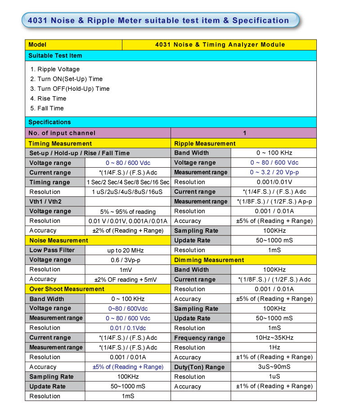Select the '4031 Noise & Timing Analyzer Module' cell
pyautogui.click(x=220, y=45)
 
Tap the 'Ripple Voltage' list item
pyautogui.click(x=58, y=69)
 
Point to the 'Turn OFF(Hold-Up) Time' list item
pyautogui.click(x=73, y=89)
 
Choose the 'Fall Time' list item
pyautogui.click(x=50, y=108)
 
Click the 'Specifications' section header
pyautogui.click(x=49, y=122)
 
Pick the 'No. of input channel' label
pyautogui.click(x=62, y=133)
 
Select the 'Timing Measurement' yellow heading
pyautogui.click(x=60, y=143)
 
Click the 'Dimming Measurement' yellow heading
pyautogui.click(x=209, y=260)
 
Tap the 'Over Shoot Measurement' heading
pyautogui.click(x=67, y=289)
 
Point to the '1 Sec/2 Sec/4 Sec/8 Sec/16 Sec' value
pyautogui.click(x=128, y=182)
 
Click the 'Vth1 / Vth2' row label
pyautogui.click(x=45, y=201)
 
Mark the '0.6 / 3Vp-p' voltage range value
pyautogui.click(x=128, y=260)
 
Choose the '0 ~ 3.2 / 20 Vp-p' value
pyautogui.click(x=274, y=172)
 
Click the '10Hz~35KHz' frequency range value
pyautogui.click(x=274, y=338)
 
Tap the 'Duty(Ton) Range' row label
pyautogui.click(x=199, y=367)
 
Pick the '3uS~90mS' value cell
pyautogui.click(x=274, y=367)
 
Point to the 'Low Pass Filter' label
pyautogui.click(x=52, y=250)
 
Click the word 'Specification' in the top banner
pyautogui.click(x=261, y=20)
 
